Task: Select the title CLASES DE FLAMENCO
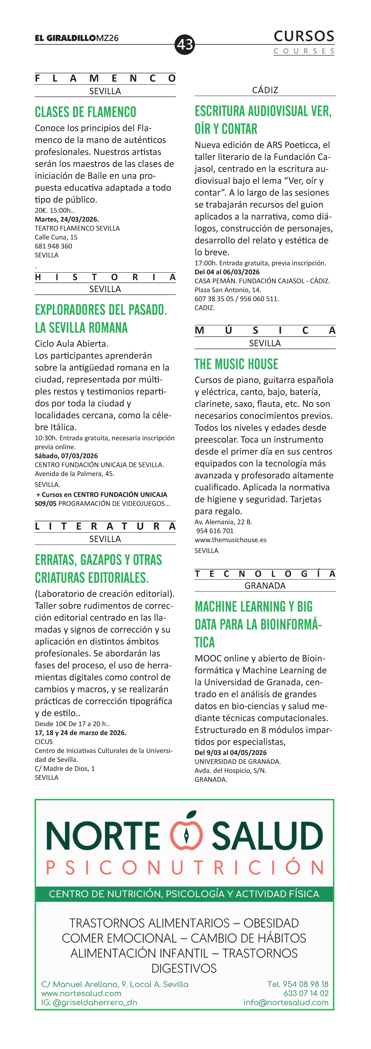[x=86, y=112]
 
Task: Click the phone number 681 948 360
[x=53, y=246]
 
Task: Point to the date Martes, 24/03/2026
[x=67, y=219]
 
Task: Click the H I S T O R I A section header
[x=105, y=277]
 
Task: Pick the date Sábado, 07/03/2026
[x=66, y=456]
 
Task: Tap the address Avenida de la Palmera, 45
[x=75, y=474]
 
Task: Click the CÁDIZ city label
[x=265, y=90]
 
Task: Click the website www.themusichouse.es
[x=231, y=540]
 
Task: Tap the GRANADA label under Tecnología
[x=265, y=586]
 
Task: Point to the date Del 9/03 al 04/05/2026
[x=231, y=753]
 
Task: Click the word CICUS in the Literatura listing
[x=44, y=742]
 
